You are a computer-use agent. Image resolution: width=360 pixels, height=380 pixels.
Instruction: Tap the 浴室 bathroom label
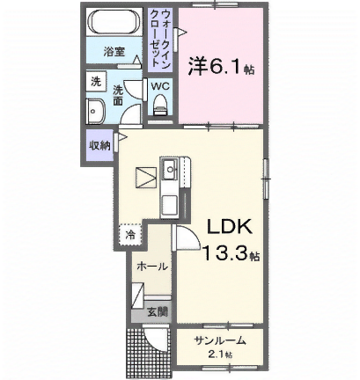114,52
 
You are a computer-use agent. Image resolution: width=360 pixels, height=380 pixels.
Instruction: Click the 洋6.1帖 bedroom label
221,66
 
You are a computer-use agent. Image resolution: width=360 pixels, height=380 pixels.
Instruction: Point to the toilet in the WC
160,105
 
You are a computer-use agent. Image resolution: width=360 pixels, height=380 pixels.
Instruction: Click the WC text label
160,86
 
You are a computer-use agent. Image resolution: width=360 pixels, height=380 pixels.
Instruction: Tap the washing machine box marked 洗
96,81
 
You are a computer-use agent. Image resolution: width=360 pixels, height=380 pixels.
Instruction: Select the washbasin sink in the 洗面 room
95,111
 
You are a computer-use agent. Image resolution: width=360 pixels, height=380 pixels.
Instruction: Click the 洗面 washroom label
118,94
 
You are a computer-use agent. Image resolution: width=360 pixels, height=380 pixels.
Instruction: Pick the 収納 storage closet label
99,145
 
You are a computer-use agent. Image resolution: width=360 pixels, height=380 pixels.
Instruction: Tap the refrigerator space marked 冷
130,235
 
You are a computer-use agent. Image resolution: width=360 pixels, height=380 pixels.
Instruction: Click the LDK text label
230,227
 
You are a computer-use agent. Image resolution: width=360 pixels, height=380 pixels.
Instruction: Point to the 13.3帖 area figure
231,253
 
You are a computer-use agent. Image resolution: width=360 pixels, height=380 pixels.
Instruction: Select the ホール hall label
152,267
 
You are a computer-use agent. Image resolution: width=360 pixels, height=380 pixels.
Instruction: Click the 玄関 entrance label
158,312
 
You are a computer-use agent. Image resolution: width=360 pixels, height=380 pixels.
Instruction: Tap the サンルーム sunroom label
220,340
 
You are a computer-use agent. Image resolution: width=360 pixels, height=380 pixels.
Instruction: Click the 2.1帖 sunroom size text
220,354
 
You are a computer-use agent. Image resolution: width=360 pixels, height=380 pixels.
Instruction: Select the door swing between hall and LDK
187,238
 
